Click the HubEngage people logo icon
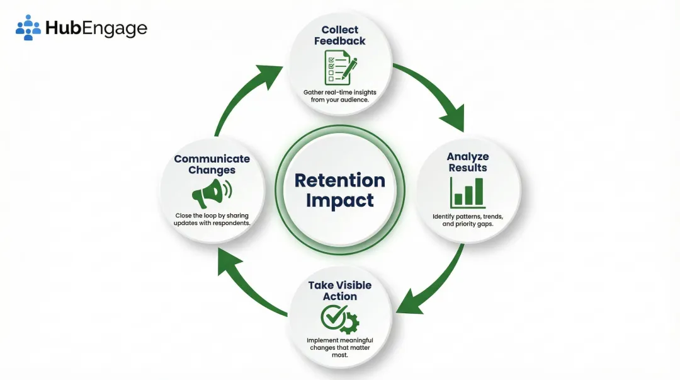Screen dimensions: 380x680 pos(28,28)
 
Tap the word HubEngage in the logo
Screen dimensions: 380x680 pos(96,28)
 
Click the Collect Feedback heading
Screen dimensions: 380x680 pos(340,35)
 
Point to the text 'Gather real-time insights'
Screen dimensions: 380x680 pos(340,92)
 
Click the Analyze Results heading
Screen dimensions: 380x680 pos(468,162)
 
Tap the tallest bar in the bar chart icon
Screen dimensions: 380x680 pos(479,192)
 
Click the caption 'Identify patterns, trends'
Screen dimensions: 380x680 pos(468,216)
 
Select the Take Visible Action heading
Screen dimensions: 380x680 pos(340,291)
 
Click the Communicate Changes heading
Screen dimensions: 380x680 pos(212,164)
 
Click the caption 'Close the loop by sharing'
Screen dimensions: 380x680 pos(212,216)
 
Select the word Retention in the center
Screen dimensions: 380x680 pos(340,180)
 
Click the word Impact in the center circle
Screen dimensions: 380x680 pos(340,200)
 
